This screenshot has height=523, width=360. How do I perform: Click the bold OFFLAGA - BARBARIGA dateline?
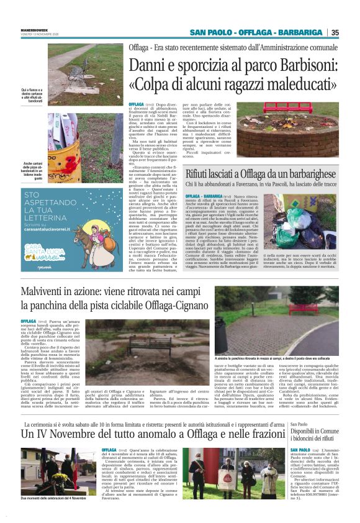[205, 198]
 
